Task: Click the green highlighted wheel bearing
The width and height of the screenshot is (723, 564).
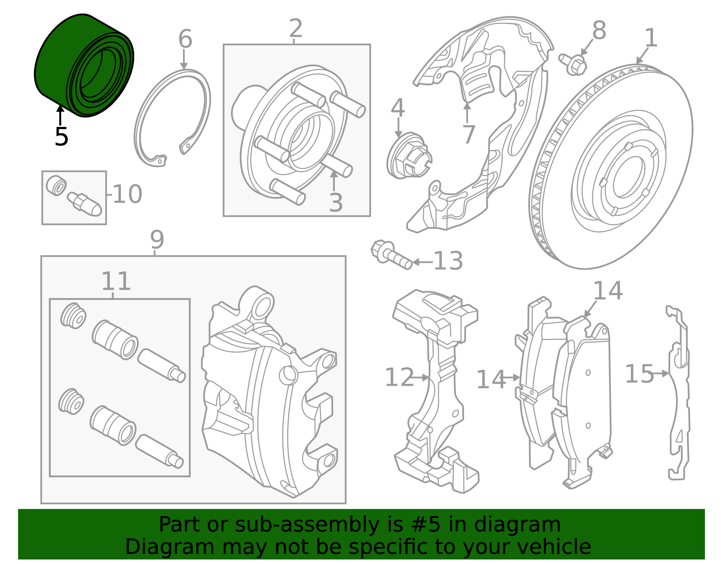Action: click(x=84, y=65)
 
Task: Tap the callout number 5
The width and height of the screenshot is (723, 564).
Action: click(x=61, y=137)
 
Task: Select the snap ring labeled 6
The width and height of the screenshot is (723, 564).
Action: click(x=173, y=117)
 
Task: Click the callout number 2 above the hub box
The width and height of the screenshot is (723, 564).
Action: click(x=296, y=29)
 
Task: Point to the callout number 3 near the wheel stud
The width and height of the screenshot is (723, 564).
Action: click(x=336, y=203)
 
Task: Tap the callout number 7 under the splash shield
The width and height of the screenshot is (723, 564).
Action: click(x=469, y=135)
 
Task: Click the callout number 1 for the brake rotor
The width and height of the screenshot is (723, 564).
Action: click(x=650, y=38)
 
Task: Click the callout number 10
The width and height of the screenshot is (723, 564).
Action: click(x=127, y=195)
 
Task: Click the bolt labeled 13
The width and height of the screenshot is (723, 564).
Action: click(x=391, y=255)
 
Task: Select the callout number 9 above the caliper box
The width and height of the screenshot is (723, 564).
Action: click(x=157, y=240)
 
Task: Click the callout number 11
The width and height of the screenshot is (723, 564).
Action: click(x=116, y=281)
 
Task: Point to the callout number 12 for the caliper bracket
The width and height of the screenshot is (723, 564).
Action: click(x=399, y=378)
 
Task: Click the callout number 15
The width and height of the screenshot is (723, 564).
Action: click(x=639, y=374)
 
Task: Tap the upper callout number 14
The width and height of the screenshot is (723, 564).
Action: click(x=607, y=291)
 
